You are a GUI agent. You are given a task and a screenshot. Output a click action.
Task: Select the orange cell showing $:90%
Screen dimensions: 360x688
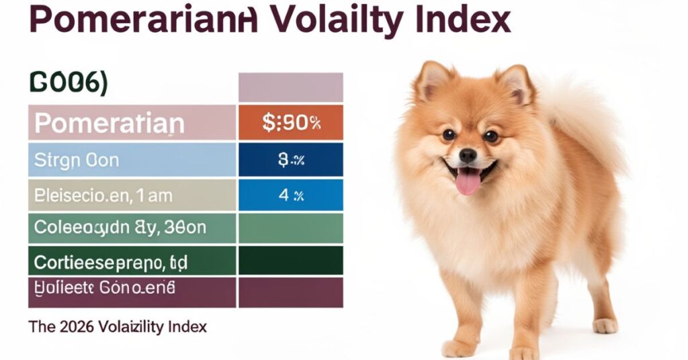(291, 122)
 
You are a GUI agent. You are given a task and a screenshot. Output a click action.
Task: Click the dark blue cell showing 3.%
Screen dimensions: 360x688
(291, 160)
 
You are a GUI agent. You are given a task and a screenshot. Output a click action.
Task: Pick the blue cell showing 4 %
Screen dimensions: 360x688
(291, 196)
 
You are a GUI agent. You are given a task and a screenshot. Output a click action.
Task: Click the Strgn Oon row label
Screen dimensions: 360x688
(77, 160)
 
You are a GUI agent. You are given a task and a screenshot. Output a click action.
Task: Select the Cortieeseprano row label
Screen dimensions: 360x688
(110, 260)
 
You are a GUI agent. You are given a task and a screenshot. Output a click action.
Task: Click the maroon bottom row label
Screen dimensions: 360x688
(105, 289)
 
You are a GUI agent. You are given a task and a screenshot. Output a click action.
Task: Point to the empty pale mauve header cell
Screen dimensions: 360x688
(291, 87)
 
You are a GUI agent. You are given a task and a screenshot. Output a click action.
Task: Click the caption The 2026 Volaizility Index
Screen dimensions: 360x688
(118, 327)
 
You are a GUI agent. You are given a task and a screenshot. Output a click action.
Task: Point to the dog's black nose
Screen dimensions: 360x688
(468, 156)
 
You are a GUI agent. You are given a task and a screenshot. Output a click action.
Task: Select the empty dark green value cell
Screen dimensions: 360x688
(291, 260)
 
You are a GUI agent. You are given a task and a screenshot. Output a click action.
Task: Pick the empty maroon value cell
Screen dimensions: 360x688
(291, 292)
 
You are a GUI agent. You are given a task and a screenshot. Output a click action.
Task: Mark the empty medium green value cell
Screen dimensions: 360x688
(291, 228)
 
